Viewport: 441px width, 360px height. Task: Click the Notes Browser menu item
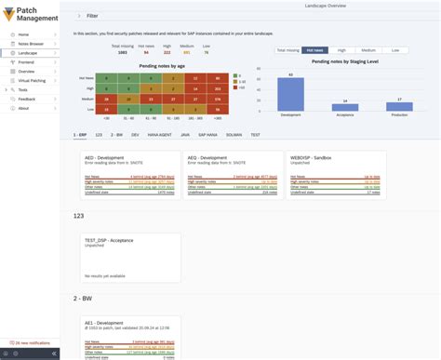coord(31,44)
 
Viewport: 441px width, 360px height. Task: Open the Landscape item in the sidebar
coord(28,53)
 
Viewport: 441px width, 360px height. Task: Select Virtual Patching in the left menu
coord(33,80)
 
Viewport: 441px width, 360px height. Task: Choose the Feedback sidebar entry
coord(27,99)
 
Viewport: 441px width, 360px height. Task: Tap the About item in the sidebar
coord(23,108)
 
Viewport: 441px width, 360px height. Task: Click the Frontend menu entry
coord(26,62)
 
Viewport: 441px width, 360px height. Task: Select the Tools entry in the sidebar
coord(22,89)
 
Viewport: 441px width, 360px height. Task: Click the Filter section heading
coord(91,17)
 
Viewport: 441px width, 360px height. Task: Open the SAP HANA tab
coord(207,135)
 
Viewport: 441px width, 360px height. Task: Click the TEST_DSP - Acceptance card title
coord(111,239)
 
